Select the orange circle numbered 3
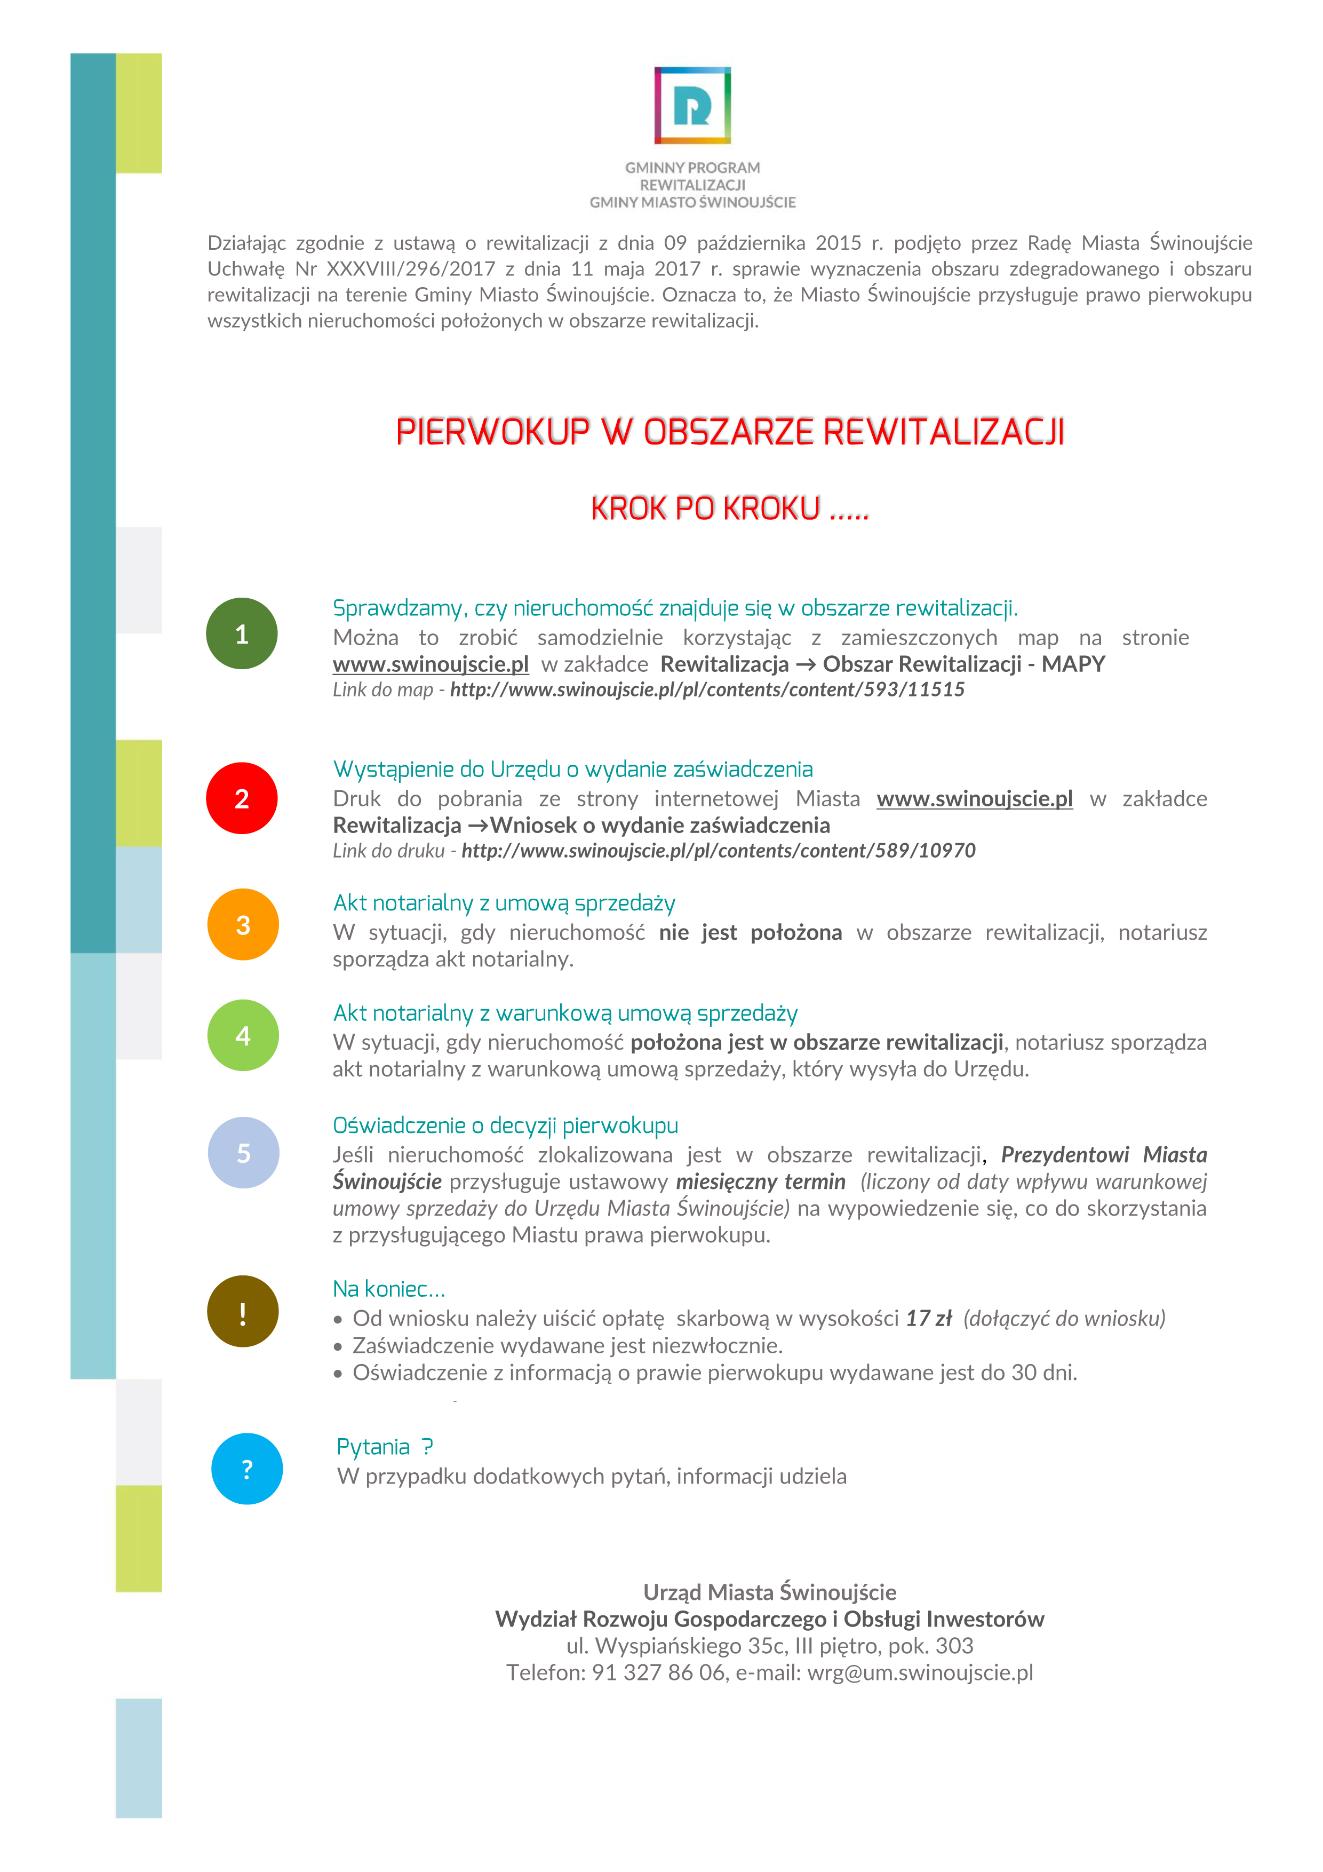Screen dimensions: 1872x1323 (242, 925)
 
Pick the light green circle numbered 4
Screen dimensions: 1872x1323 (242, 1035)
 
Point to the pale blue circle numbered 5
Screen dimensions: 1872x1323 (243, 1153)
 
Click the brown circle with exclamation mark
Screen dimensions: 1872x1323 (242, 1312)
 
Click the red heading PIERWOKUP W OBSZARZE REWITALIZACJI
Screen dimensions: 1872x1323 (730, 432)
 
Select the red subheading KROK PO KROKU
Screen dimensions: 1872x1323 (730, 509)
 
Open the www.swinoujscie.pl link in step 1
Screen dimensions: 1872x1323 (431, 664)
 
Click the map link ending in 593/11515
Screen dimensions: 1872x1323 (707, 690)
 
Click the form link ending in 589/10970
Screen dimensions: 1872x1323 (718, 851)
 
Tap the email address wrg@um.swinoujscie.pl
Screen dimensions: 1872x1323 (920, 1673)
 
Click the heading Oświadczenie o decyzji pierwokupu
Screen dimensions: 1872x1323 (505, 1126)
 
